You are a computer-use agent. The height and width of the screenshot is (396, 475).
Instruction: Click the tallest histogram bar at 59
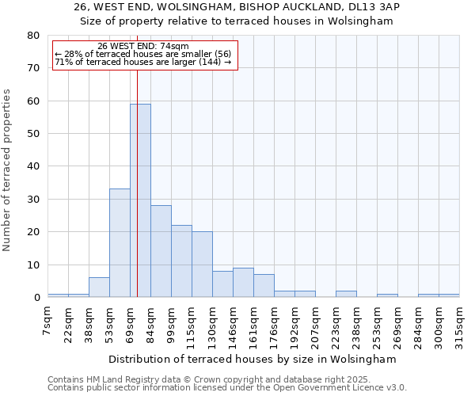tap(140, 200)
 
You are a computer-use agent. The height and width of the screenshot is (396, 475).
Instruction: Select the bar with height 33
tap(120, 242)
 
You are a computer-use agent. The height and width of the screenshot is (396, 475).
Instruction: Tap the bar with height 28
tap(161, 251)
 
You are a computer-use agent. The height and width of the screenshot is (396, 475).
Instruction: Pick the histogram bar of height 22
tap(181, 261)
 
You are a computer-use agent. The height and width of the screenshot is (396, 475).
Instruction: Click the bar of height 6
tap(99, 287)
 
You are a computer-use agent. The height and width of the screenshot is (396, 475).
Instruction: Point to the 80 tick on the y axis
tap(33, 36)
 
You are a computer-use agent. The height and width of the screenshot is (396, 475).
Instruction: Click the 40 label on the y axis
tap(33, 166)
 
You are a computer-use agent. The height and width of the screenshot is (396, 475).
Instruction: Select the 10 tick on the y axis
tap(33, 265)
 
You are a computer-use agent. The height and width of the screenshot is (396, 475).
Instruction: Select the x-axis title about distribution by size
tap(252, 359)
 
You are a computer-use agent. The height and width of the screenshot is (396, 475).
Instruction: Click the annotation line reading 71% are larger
tap(142, 62)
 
